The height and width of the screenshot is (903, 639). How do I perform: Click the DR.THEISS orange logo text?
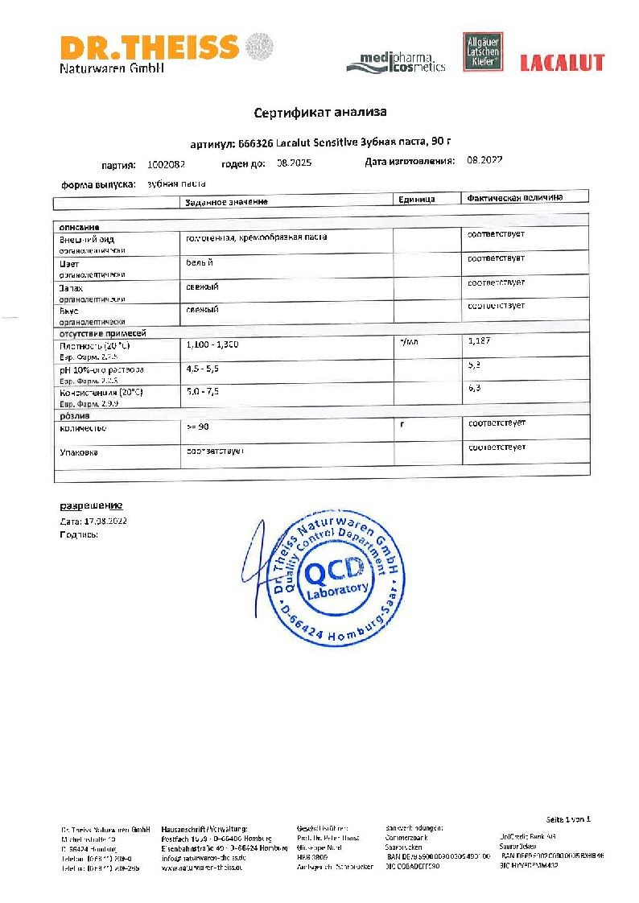pyautogui.click(x=149, y=47)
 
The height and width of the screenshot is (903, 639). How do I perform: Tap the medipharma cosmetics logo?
pyautogui.click(x=396, y=62)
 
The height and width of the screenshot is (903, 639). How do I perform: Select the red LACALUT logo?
pyautogui.click(x=562, y=63)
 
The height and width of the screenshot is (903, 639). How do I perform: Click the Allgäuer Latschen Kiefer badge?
pyautogui.click(x=480, y=54)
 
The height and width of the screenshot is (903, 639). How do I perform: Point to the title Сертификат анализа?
pyautogui.click(x=320, y=113)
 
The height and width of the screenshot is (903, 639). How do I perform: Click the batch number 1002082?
pyautogui.click(x=167, y=164)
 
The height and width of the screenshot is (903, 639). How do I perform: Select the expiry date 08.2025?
pyautogui.click(x=294, y=163)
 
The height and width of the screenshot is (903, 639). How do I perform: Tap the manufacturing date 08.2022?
pyautogui.click(x=484, y=161)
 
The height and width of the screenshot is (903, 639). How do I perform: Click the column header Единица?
pyautogui.click(x=416, y=199)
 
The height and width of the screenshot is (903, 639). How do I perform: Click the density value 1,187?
pyautogui.click(x=479, y=341)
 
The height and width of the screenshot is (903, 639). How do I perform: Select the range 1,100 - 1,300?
pyautogui.click(x=212, y=344)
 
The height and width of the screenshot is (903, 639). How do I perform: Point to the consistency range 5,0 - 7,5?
pyautogui.click(x=202, y=391)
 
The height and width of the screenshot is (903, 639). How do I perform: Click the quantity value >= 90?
pyautogui.click(x=197, y=427)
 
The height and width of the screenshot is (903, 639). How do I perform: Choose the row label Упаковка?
pyautogui.click(x=79, y=452)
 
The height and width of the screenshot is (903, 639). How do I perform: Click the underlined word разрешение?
pyautogui.click(x=91, y=506)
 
